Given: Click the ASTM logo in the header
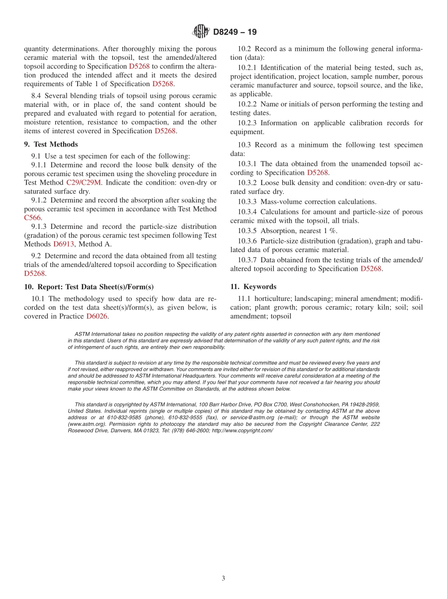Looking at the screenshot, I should (201, 32).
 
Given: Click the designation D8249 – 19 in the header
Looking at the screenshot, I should (235, 32).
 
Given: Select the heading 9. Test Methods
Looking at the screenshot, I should (51, 144).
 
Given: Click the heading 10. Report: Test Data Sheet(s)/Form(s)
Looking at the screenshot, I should (89, 287).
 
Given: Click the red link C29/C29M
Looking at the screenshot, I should (84, 182).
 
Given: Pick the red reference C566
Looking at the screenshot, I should (32, 218).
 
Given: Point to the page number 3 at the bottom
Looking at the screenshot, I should (223, 578).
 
